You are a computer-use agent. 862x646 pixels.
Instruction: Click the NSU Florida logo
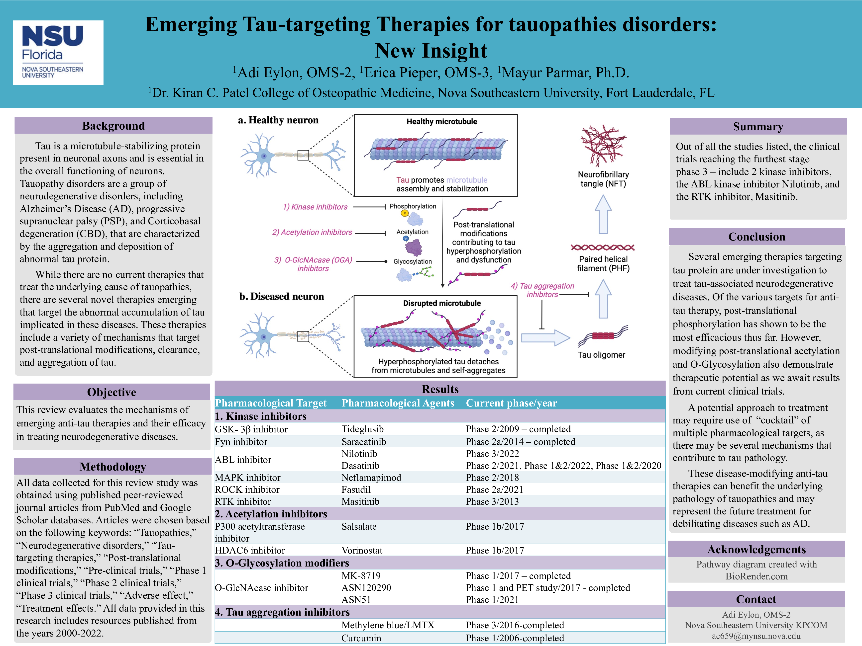click(58, 53)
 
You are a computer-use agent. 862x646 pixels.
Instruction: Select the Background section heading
click(113, 126)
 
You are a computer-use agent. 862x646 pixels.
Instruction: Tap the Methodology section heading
click(113, 467)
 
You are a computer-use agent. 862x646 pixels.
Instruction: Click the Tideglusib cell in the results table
click(362, 429)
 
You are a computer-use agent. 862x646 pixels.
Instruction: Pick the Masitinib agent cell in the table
click(360, 501)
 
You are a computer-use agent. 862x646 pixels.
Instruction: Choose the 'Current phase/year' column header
click(511, 403)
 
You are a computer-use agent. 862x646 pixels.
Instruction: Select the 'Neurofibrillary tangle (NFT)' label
click(603, 179)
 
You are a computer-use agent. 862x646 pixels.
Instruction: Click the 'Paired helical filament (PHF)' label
click(603, 264)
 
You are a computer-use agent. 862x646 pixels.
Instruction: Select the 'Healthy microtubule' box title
click(441, 121)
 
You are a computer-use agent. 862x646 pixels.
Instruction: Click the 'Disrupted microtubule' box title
click(441, 303)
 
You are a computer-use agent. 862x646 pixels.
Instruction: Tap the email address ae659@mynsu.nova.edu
click(756, 636)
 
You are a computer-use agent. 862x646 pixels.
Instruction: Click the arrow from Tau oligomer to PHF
click(603, 299)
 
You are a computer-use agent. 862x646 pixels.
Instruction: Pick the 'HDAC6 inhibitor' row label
click(250, 550)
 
